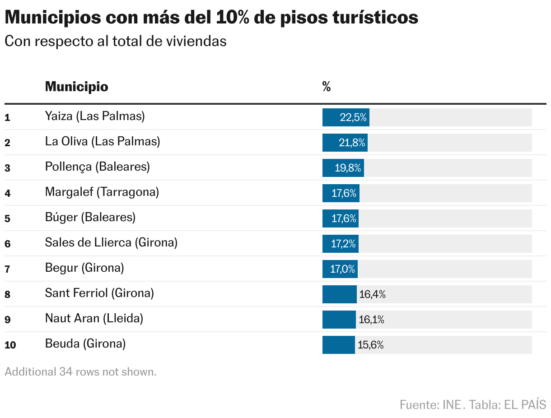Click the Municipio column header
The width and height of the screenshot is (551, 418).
coord(76,87)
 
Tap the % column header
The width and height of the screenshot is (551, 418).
coord(327,87)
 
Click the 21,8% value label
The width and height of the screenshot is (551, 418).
coord(352,143)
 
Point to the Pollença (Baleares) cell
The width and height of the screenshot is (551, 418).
coord(97,167)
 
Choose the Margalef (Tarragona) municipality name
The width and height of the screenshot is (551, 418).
coord(102,192)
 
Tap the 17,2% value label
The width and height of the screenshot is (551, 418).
coord(344,244)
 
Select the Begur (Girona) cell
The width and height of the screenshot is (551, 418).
coord(84,268)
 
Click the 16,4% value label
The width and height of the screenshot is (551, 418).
coord(372,295)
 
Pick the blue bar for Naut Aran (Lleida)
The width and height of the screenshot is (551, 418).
coord(339,320)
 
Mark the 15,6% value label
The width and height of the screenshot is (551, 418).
coord(370,345)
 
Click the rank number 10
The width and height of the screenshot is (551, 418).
coord(10,345)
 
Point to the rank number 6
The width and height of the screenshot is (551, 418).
coord(7,244)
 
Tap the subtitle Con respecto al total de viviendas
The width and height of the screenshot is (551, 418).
coord(115,41)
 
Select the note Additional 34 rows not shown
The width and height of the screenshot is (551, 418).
coord(80,372)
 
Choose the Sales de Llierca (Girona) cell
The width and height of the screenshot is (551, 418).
coord(111,243)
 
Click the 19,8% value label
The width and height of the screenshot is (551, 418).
coord(348,168)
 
